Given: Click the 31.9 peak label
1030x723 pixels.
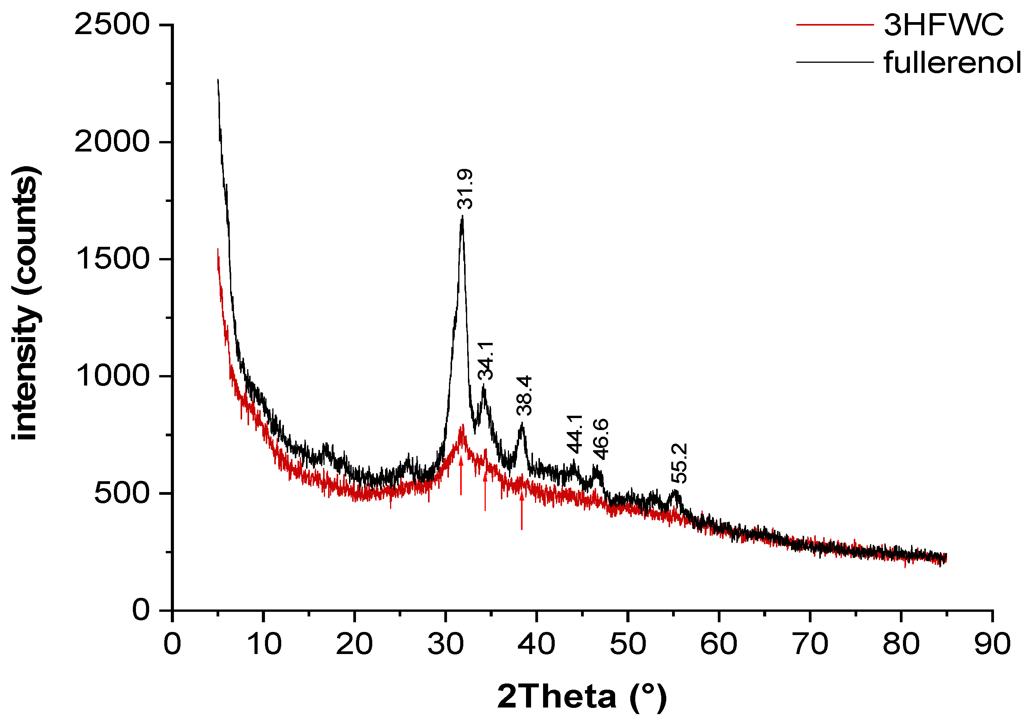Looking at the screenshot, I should (465, 189).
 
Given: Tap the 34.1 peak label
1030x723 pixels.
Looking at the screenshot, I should (485, 360).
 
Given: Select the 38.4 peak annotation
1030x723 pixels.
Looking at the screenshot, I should (524, 395).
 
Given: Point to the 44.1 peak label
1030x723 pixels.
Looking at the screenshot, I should (575, 434).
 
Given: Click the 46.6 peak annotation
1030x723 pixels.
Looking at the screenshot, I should (601, 439).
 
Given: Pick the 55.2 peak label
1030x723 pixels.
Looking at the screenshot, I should (679, 463).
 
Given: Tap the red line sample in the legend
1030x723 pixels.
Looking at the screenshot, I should (835, 24).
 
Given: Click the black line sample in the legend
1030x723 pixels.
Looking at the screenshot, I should (835, 62).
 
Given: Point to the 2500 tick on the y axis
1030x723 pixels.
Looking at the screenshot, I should (111, 24).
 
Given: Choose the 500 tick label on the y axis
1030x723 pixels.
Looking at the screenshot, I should (121, 493).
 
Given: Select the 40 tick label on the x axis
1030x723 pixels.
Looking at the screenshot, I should (536, 644).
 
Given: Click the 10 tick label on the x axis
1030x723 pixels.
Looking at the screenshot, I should (264, 644).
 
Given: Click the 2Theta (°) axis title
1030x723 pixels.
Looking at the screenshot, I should (582, 697).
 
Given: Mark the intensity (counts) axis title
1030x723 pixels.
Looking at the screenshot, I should (25, 303).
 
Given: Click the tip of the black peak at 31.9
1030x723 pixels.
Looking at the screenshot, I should (462, 217).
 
